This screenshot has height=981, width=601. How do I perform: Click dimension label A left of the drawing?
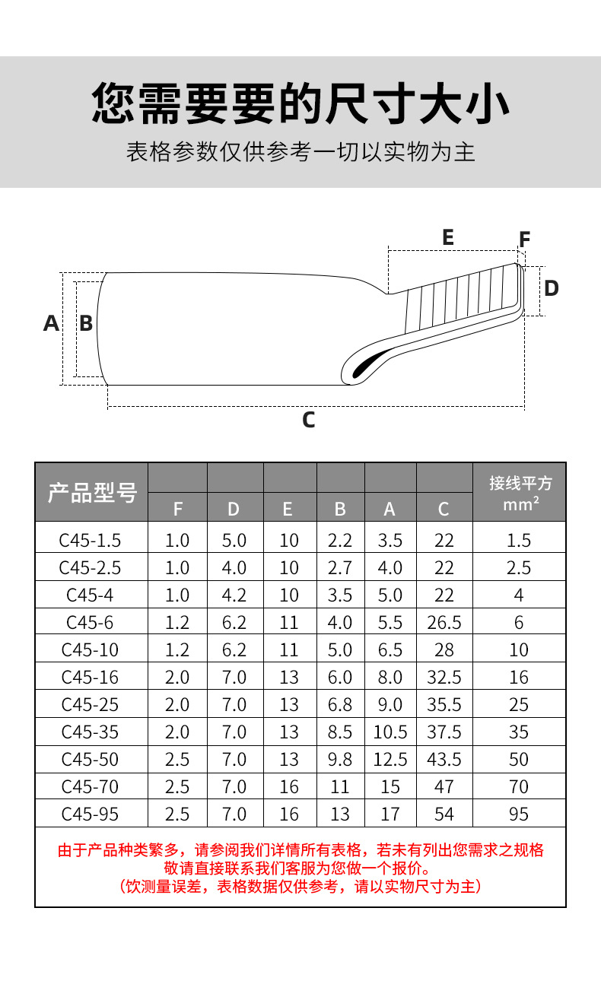51,323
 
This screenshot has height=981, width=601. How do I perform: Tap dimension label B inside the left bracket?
86,323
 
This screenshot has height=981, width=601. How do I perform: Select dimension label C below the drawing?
308,420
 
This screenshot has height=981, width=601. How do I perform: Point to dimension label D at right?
552,288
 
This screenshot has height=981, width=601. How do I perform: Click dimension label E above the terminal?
447,237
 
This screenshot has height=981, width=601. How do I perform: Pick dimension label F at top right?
524,240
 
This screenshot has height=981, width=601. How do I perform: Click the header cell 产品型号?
92,493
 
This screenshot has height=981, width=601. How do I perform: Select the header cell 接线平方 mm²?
520,493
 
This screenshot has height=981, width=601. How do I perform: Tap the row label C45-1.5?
90,541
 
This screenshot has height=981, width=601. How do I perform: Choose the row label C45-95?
90,814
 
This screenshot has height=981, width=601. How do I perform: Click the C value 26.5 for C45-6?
444,623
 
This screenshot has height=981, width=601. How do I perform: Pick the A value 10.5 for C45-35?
390,732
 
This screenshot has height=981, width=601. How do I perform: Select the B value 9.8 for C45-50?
340,760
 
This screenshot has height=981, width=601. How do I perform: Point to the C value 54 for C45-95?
444,814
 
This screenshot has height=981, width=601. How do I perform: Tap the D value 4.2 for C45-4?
234,595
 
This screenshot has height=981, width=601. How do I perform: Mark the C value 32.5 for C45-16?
444,678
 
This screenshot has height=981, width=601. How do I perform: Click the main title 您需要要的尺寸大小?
300,103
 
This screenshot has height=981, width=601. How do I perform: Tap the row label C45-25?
90,705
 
